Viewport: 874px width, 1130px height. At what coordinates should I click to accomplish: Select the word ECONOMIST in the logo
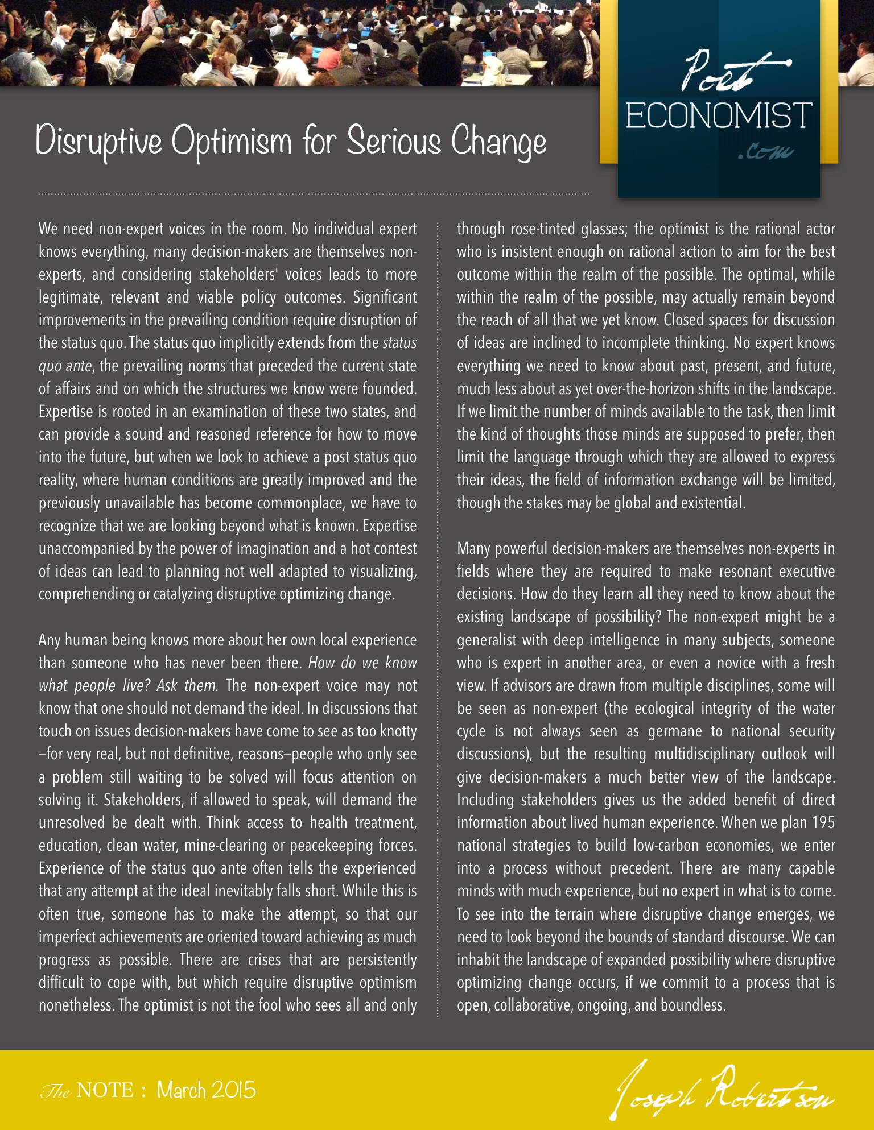719,115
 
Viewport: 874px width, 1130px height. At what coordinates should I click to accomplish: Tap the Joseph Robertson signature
725,1089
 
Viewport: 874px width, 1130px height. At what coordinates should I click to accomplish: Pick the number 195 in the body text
823,823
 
